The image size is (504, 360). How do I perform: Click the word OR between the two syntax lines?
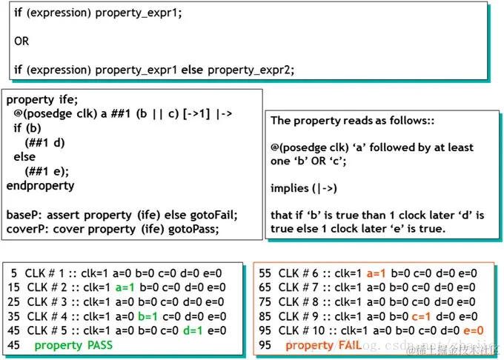coord(22,41)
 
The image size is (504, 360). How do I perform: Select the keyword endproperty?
coord(40,185)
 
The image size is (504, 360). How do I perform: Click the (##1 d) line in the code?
coord(45,142)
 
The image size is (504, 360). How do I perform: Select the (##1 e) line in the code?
coord(45,171)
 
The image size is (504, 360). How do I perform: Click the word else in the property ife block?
coord(25,157)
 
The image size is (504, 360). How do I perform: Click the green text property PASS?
coord(73,345)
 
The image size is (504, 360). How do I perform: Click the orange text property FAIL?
coord(320,345)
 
